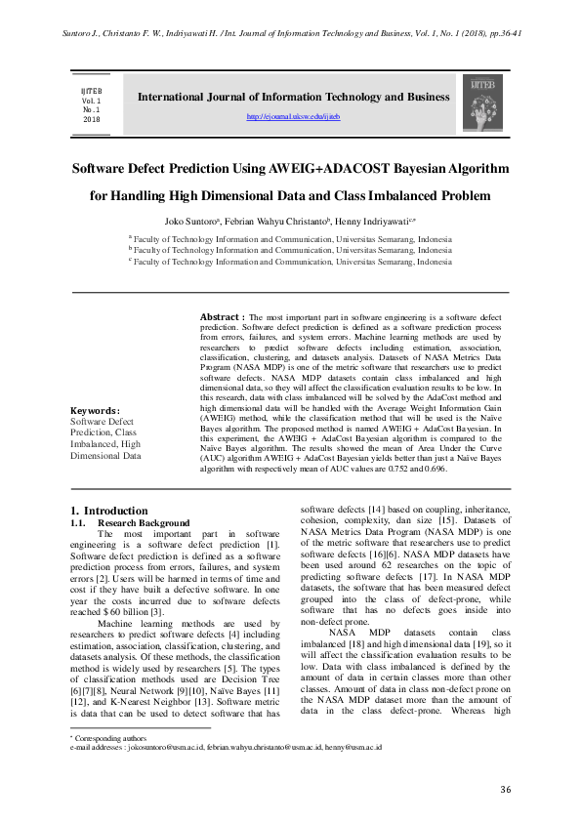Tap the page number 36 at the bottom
coord(505,789)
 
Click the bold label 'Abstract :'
coord(222,318)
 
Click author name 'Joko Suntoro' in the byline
coord(191,221)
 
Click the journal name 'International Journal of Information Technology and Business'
coord(294,98)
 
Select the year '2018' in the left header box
coord(91,119)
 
